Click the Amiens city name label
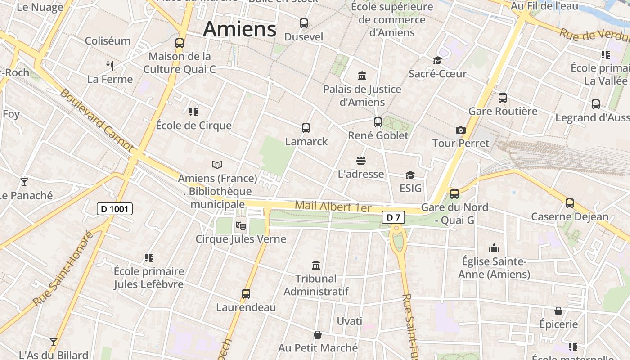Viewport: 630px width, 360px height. click(239, 30)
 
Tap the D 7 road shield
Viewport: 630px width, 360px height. click(394, 218)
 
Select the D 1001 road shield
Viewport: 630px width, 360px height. click(115, 209)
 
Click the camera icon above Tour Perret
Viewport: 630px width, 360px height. click(460, 130)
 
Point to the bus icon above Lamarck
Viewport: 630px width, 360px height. click(306, 128)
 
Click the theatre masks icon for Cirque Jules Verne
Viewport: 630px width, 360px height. click(241, 224)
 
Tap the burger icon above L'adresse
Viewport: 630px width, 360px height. click(360, 161)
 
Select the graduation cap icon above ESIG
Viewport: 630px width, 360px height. click(410, 175)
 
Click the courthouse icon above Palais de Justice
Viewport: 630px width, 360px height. click(362, 76)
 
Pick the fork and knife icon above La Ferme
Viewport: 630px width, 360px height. click(110, 66)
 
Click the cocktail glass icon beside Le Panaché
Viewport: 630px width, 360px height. click(24, 182)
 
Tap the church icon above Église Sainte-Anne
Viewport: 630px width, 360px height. click(494, 248)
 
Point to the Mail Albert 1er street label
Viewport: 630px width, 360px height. click(333, 207)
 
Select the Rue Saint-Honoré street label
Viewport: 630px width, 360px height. click(63, 268)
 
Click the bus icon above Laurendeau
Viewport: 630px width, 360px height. click(246, 294)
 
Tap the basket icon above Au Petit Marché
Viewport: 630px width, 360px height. click(318, 335)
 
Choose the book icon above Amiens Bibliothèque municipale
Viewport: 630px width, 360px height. click(217, 165)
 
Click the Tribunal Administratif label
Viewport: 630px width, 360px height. click(316, 285)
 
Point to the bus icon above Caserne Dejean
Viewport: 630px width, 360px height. click(570, 203)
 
